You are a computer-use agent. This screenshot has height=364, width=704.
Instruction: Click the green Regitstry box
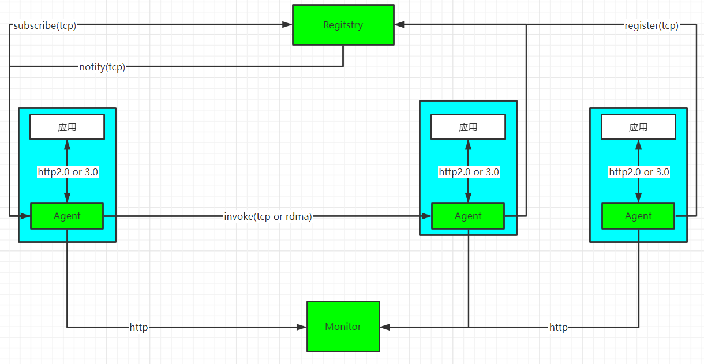343,25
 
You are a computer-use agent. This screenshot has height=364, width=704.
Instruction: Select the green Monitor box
343,327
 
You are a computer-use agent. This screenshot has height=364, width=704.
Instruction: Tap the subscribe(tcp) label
45,25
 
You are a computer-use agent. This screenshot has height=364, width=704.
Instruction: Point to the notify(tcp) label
102,67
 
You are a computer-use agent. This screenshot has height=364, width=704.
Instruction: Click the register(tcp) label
651,25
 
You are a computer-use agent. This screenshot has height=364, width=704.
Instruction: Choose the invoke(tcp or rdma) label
268,216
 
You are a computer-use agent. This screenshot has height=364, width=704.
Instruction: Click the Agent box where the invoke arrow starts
67,216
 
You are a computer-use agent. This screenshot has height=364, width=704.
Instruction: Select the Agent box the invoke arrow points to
468,216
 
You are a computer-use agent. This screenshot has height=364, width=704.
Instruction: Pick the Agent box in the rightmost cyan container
638,216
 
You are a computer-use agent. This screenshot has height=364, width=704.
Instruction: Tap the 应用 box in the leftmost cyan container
67,127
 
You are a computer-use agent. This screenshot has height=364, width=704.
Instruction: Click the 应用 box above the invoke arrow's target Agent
468,127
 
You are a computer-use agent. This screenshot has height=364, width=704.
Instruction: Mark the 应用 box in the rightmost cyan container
638,127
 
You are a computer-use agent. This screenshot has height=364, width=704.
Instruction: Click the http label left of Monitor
138,327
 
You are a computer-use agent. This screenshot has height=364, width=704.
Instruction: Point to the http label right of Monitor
558,327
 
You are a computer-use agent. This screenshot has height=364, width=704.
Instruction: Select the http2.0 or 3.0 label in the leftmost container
68,172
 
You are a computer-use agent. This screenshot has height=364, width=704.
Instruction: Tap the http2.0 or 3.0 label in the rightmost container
639,172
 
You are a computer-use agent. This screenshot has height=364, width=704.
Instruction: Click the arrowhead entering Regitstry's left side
287,25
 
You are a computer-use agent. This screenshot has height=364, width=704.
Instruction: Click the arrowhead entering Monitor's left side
302,327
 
